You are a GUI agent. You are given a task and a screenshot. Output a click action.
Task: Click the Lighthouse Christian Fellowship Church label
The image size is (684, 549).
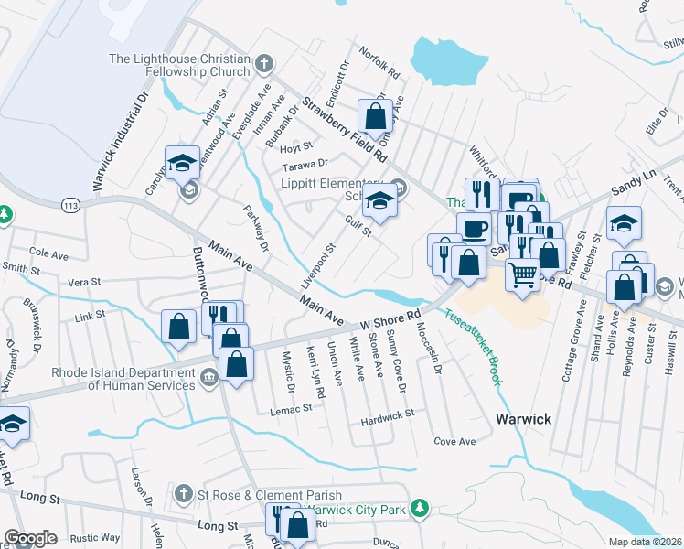coord(179,65)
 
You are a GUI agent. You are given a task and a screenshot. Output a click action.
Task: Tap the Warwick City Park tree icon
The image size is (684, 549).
coord(420,507)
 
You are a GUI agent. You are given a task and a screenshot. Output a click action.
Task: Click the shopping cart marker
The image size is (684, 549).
coord(522,273)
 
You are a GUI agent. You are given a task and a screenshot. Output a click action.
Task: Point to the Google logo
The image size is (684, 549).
coord(30,538)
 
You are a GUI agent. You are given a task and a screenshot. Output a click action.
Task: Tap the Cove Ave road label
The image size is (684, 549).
coord(454,441)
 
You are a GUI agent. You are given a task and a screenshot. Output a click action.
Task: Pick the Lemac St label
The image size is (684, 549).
coord(293,413)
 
